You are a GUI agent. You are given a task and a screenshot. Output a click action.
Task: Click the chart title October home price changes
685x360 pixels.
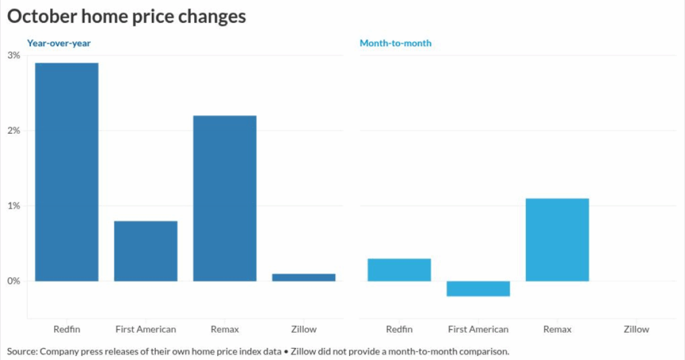[x=126, y=17]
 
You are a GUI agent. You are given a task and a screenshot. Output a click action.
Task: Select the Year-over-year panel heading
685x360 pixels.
[x=59, y=43]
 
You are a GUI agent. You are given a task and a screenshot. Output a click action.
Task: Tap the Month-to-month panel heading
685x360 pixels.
[x=395, y=43]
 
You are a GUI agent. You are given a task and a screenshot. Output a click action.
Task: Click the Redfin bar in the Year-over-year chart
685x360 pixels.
[x=67, y=172]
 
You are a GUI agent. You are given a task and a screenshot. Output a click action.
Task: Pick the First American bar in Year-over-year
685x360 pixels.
[x=146, y=251]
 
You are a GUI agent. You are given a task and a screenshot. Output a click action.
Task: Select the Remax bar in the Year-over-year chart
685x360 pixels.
[x=225, y=198]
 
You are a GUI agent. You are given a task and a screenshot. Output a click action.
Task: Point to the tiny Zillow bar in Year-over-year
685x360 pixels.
[x=304, y=277]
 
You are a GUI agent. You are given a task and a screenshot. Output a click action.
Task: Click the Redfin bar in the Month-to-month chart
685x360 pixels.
[x=399, y=270]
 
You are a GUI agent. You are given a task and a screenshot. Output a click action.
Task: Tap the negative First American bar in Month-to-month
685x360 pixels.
[x=478, y=288]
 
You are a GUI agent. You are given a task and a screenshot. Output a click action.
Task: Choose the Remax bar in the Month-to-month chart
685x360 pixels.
[x=557, y=240]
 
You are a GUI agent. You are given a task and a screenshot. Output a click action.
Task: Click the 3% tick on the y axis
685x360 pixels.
[x=13, y=56]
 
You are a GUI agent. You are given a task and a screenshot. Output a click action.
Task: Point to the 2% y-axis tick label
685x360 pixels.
[x=13, y=130]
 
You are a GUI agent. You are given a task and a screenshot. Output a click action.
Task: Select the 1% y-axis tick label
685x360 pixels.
[x=13, y=205]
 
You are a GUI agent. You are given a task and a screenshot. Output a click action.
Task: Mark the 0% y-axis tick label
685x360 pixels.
[x=13, y=281]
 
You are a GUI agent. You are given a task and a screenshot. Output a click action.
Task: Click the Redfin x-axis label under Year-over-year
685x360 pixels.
[x=67, y=329]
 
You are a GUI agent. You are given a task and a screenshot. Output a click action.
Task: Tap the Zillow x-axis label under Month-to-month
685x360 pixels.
[x=636, y=329]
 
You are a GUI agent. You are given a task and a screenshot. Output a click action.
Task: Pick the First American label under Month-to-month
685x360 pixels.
[x=478, y=329]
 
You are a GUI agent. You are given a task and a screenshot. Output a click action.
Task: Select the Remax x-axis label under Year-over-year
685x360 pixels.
[x=225, y=329]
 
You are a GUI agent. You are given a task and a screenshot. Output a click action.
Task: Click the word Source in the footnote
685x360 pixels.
[x=22, y=351]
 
